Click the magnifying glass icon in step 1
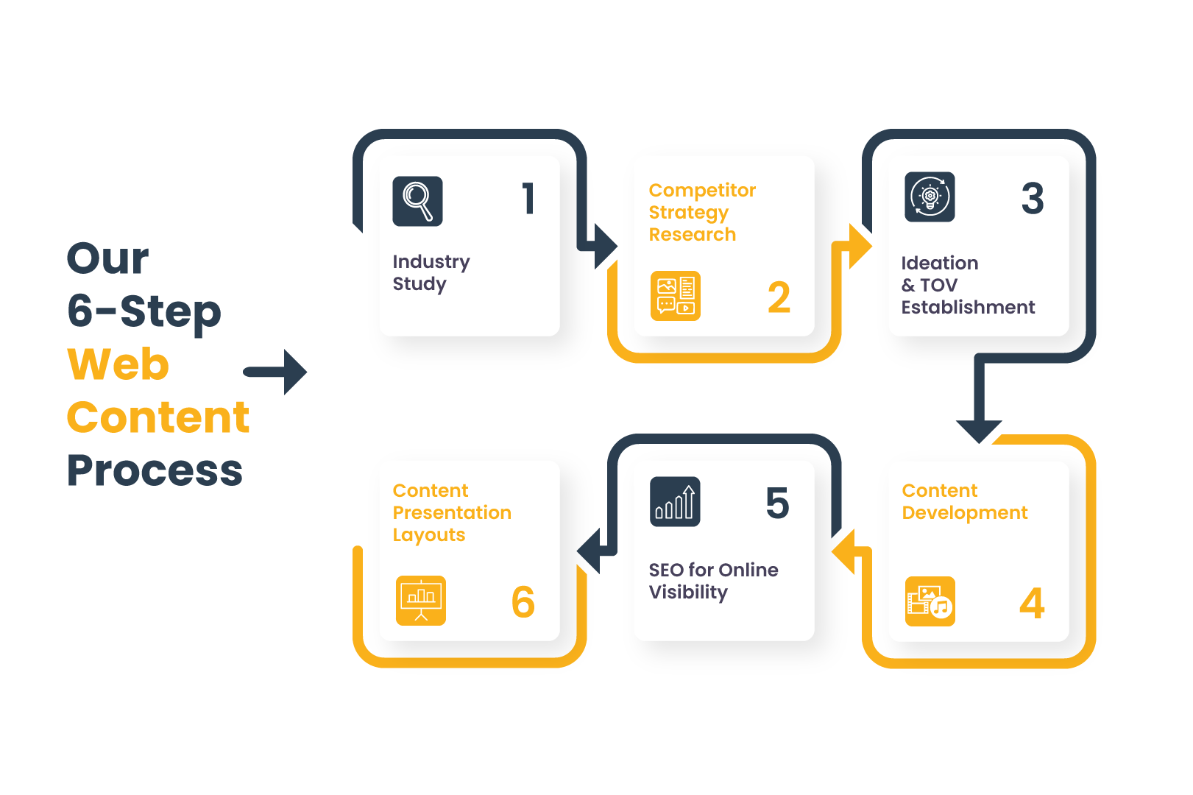[x=417, y=202]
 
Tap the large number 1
[x=528, y=199]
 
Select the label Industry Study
[x=431, y=272]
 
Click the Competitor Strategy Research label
[x=702, y=212]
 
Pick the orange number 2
[x=779, y=297]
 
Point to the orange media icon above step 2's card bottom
[x=676, y=296]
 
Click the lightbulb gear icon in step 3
[x=930, y=197]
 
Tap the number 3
[x=1033, y=198]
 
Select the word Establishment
[x=969, y=308]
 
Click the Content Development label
[x=965, y=501]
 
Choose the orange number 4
[x=1032, y=604]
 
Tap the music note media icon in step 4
[x=930, y=601]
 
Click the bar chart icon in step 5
[x=675, y=502]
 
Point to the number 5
[x=778, y=503]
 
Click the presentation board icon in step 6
[x=421, y=601]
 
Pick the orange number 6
[x=523, y=602]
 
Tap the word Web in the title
[x=118, y=364]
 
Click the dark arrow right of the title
[x=275, y=372]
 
